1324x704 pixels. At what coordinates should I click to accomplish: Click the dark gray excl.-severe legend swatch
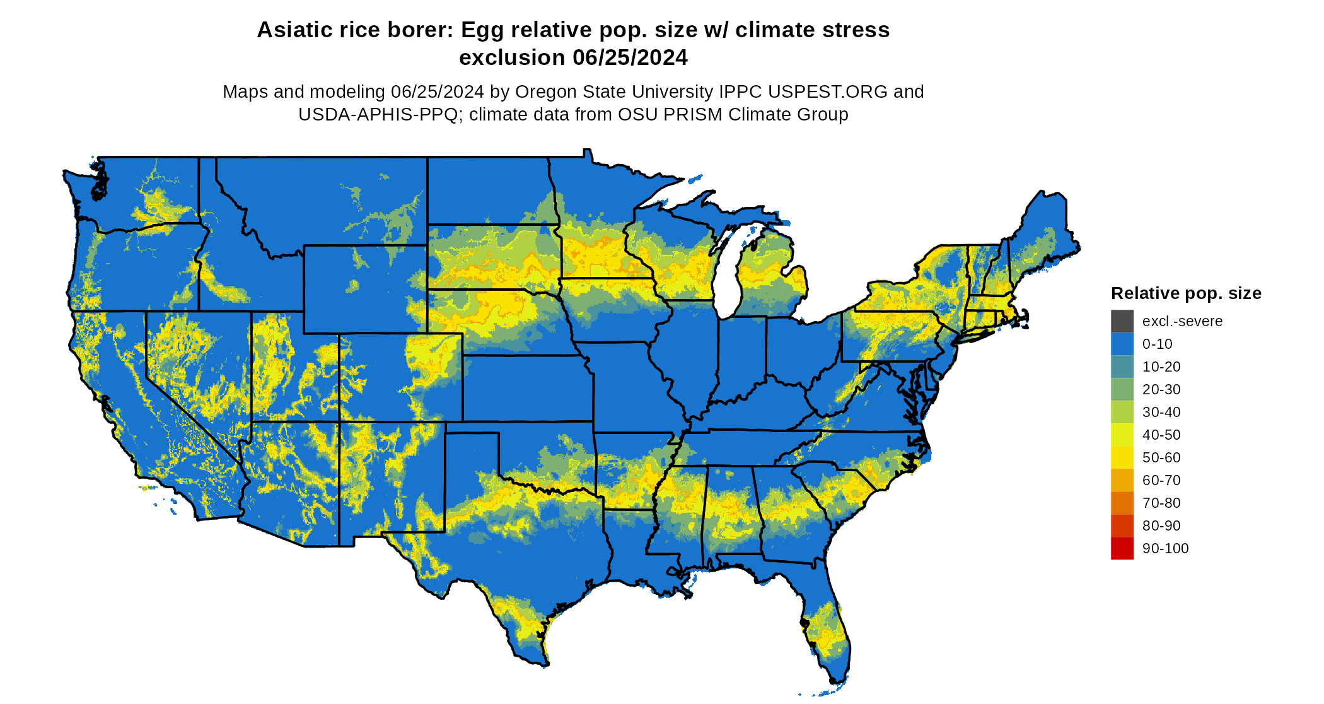[1122, 321]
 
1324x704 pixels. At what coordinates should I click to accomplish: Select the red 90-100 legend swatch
[1122, 548]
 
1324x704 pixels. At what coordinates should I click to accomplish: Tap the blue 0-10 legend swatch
[1122, 344]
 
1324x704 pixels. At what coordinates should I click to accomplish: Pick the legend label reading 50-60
[1161, 457]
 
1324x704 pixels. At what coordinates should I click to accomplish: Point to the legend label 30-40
[1161, 412]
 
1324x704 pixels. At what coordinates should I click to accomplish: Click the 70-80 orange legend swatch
[1122, 503]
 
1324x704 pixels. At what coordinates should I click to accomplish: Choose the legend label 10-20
[1161, 367]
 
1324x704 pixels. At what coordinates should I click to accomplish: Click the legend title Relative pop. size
[1186, 293]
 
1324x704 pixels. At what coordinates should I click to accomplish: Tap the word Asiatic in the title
[291, 30]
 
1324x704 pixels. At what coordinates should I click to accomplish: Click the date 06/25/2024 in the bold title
[630, 57]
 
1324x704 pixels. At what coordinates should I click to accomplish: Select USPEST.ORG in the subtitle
[828, 92]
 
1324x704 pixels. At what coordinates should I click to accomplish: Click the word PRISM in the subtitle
[694, 115]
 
